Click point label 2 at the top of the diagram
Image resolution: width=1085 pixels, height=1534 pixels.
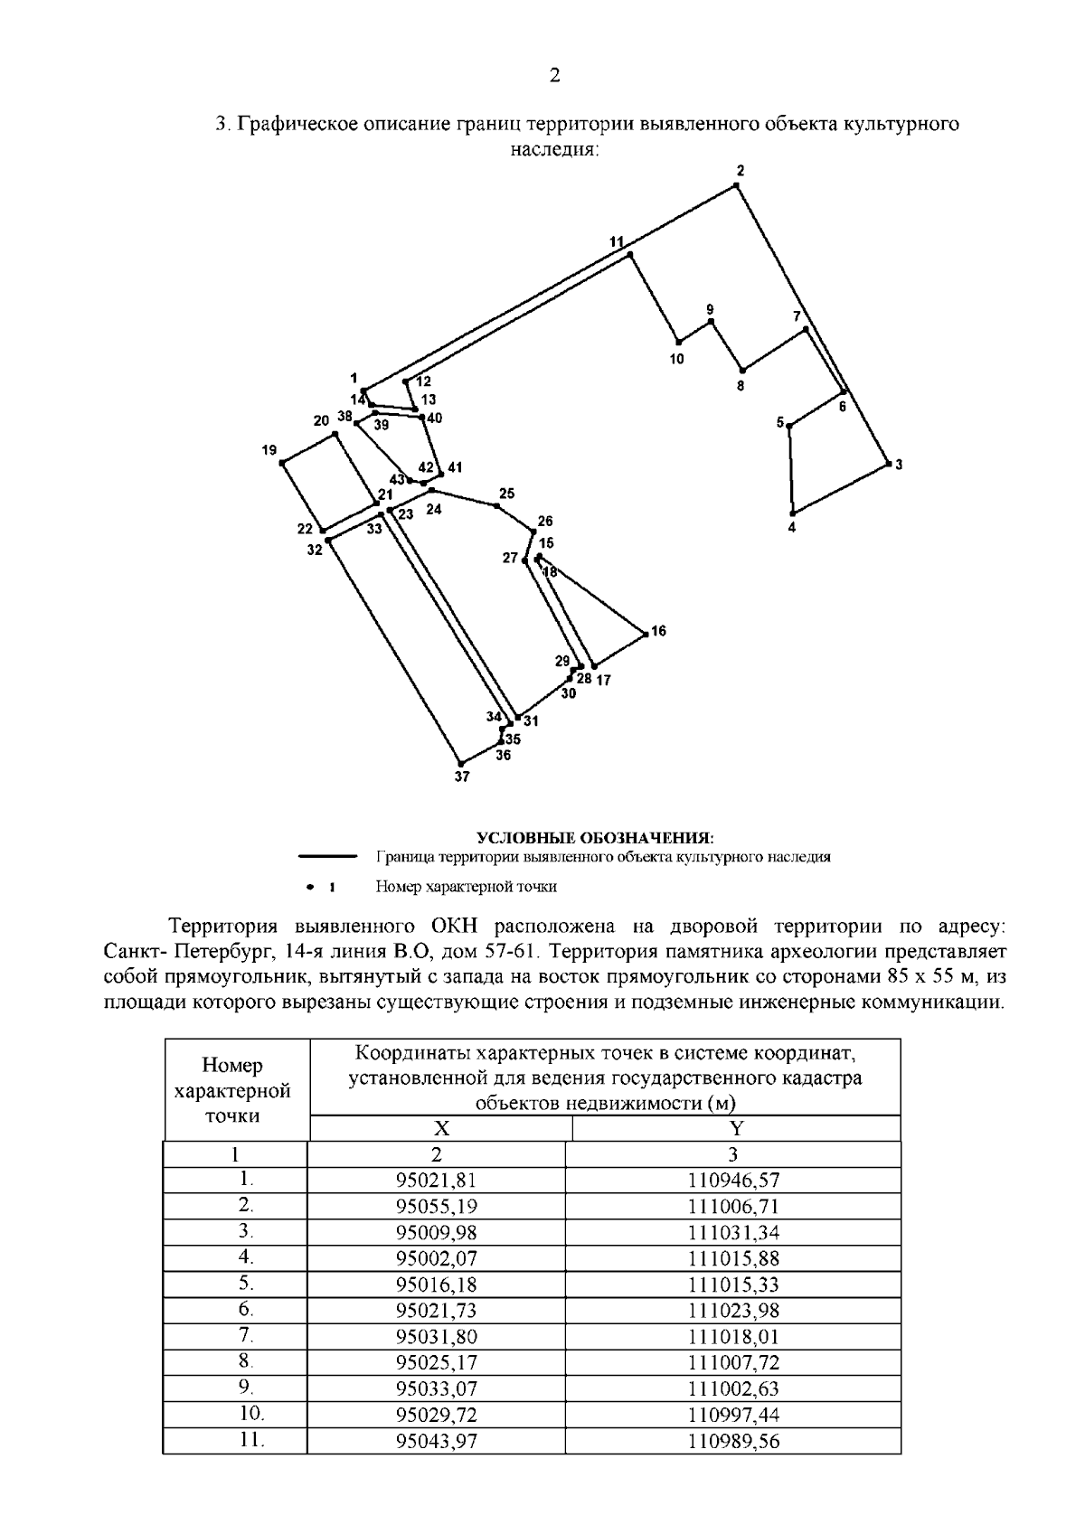click(x=741, y=171)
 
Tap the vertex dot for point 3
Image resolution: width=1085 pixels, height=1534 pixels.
click(x=887, y=465)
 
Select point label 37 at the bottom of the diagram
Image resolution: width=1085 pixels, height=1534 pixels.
click(x=462, y=776)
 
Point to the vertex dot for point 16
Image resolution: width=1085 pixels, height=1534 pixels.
click(x=646, y=635)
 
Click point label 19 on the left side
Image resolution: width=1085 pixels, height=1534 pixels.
click(x=269, y=450)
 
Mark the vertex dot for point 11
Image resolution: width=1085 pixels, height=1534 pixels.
click(x=630, y=256)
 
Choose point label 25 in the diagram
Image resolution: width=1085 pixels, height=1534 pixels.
click(x=506, y=494)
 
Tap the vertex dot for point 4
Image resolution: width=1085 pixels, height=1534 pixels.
click(x=792, y=511)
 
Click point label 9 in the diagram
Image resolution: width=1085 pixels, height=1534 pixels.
click(x=710, y=309)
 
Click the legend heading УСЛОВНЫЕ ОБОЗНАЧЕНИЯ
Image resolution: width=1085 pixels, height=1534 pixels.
click(x=595, y=837)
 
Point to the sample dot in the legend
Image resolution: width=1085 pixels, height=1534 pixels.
click(x=309, y=887)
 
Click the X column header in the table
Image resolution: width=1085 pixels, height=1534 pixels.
click(x=441, y=1128)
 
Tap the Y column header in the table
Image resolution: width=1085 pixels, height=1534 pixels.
click(x=736, y=1128)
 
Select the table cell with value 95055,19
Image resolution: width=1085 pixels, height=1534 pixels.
click(x=436, y=1206)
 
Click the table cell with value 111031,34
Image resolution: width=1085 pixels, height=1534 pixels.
click(x=733, y=1232)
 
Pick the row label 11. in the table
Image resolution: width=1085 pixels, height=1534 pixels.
click(x=235, y=1440)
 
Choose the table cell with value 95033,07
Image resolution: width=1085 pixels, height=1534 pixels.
click(x=436, y=1388)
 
